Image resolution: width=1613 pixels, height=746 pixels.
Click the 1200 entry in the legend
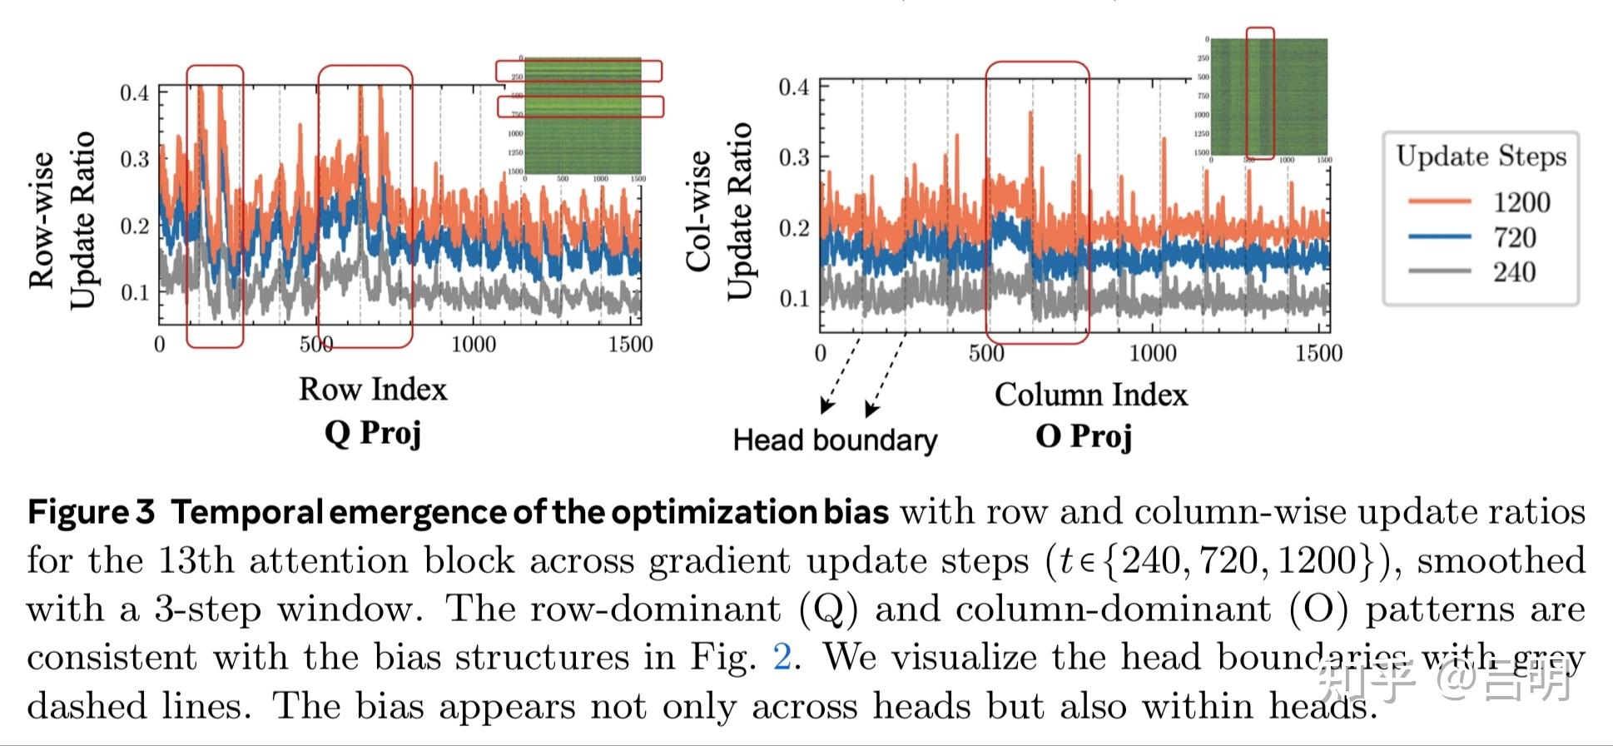point(1521,202)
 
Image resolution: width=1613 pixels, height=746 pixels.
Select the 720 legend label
point(1514,238)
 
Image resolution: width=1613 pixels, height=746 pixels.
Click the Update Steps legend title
point(1481,157)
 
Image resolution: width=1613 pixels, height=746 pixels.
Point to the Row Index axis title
point(373,389)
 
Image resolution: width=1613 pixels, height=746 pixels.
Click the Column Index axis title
point(1090,394)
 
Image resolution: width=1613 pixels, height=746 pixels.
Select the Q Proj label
point(373,433)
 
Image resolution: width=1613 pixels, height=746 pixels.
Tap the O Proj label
point(1084,435)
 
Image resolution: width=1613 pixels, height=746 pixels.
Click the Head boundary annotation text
point(835,440)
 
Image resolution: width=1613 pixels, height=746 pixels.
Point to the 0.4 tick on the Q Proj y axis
point(134,92)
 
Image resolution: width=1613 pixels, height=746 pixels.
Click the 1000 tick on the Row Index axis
point(473,344)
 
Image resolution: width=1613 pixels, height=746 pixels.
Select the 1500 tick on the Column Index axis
point(1318,353)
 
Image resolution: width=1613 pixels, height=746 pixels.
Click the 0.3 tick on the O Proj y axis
point(793,157)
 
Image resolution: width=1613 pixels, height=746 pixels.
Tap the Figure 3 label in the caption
point(91,511)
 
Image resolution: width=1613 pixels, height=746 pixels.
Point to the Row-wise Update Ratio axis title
point(62,221)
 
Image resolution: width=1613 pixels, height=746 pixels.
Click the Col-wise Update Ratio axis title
point(719,211)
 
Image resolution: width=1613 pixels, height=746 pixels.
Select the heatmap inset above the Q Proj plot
point(582,116)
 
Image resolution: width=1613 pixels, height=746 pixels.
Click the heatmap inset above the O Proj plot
point(1268,97)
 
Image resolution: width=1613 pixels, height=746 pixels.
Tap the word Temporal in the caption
point(246,511)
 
